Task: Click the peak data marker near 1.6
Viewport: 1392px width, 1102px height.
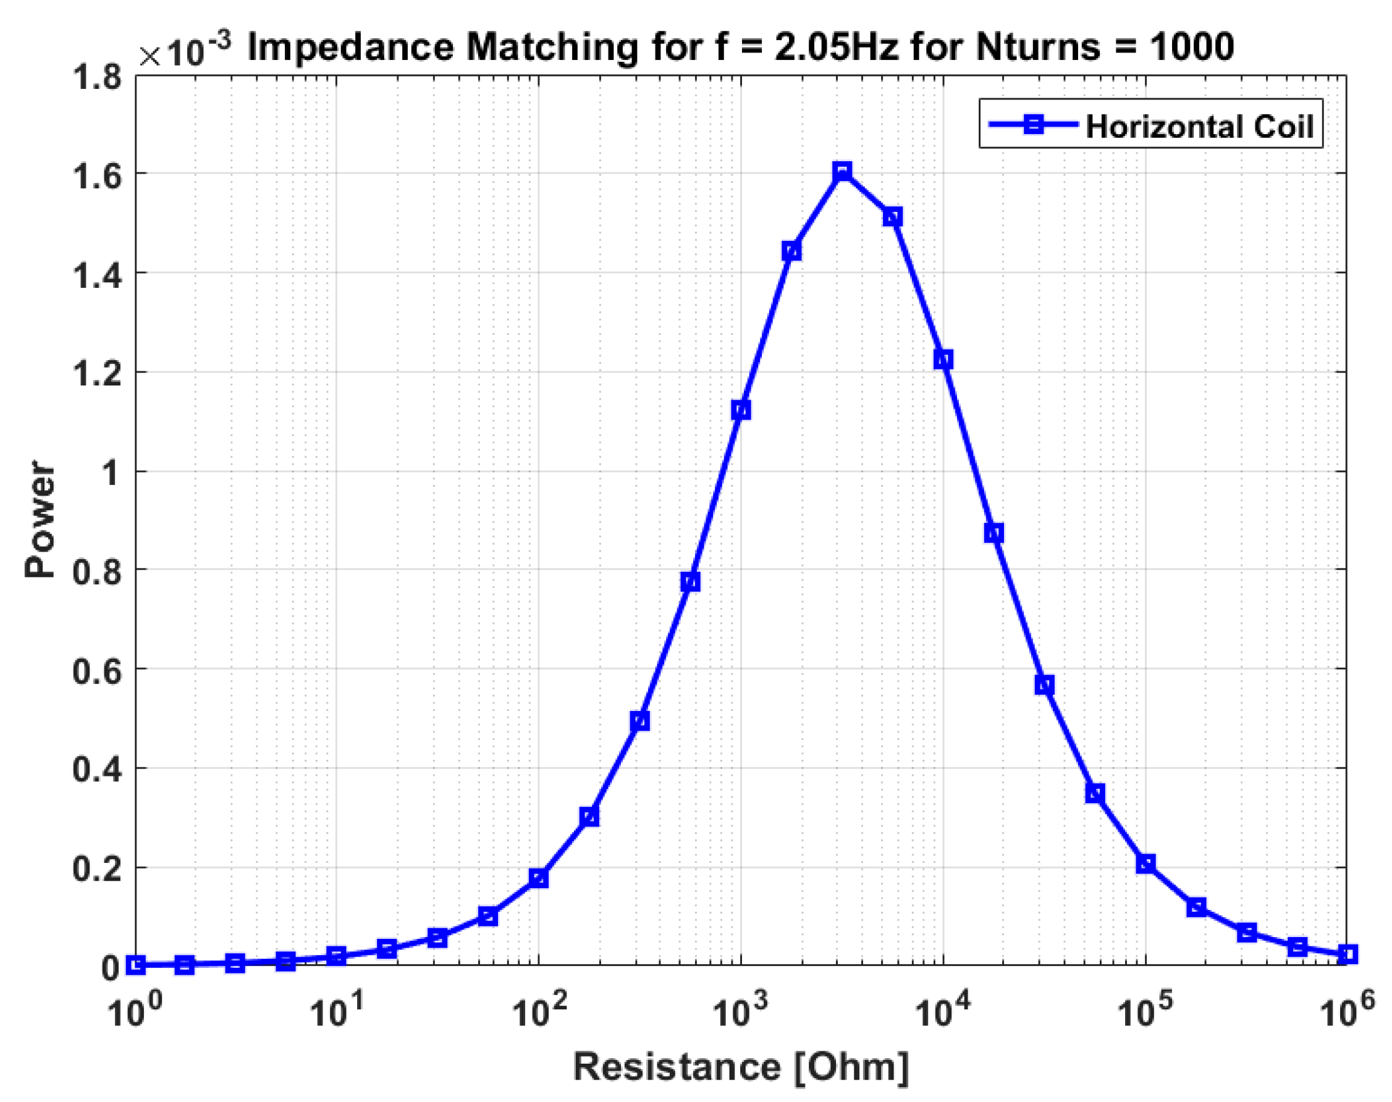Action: click(842, 172)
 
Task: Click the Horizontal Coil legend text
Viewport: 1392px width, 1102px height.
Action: click(1199, 127)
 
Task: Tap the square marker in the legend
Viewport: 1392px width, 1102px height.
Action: click(1034, 124)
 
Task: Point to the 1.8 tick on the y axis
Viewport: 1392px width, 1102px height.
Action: click(97, 77)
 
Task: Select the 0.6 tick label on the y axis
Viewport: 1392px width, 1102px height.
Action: click(97, 672)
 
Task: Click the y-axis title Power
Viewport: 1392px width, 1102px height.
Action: click(40, 519)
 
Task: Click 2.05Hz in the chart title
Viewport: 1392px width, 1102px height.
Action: click(836, 48)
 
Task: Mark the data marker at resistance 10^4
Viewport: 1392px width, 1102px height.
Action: click(943, 360)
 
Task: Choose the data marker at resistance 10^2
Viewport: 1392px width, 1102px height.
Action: click(538, 878)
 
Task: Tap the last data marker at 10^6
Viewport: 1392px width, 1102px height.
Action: click(1347, 954)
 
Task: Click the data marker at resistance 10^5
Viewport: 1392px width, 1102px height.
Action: click(1145, 864)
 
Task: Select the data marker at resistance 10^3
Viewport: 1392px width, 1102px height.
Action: click(741, 410)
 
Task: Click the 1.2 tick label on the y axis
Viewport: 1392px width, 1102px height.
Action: click(97, 374)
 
